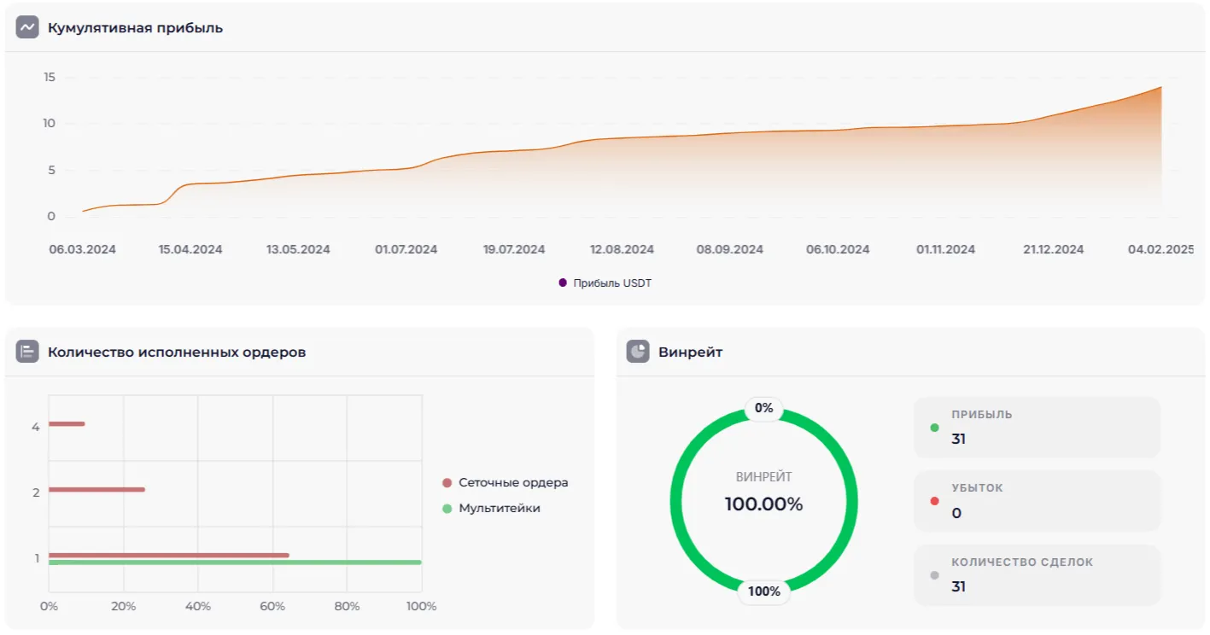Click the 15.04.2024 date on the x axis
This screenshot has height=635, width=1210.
click(190, 250)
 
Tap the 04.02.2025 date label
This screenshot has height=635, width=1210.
click(1160, 250)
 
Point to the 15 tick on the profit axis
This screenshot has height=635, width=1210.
click(50, 78)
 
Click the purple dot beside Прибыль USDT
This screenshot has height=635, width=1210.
click(563, 283)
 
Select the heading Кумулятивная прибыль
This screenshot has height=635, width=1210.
click(135, 28)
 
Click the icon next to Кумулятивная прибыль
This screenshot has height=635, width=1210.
click(27, 27)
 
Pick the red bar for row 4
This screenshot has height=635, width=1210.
click(67, 423)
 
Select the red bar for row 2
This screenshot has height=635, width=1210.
click(96, 489)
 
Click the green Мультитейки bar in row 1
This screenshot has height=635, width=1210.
click(235, 562)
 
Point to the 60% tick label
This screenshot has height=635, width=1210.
click(272, 607)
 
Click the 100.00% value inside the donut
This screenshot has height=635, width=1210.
click(763, 504)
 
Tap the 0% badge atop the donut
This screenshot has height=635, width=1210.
click(763, 408)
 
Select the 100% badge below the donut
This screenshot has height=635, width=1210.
click(763, 591)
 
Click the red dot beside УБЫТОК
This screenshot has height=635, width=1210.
click(934, 501)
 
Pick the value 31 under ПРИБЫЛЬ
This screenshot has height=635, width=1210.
click(959, 440)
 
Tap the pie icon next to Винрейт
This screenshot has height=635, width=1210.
click(638, 352)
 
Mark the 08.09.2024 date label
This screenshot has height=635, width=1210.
click(730, 250)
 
